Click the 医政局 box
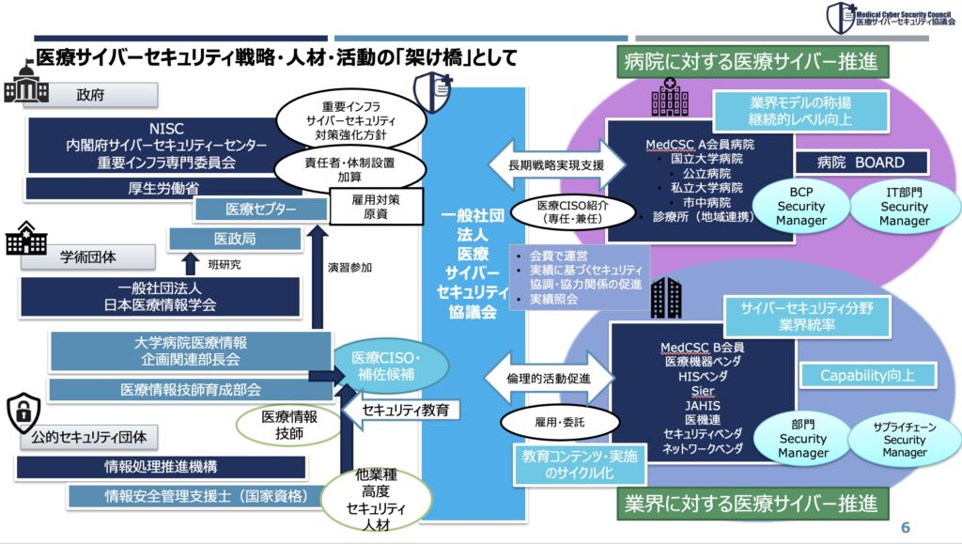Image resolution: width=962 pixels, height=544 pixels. tap(234, 240)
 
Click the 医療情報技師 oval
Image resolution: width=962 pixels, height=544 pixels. tap(287, 426)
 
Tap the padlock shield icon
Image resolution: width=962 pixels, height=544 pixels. tap(23, 414)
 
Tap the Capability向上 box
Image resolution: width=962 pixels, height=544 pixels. tap(867, 376)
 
